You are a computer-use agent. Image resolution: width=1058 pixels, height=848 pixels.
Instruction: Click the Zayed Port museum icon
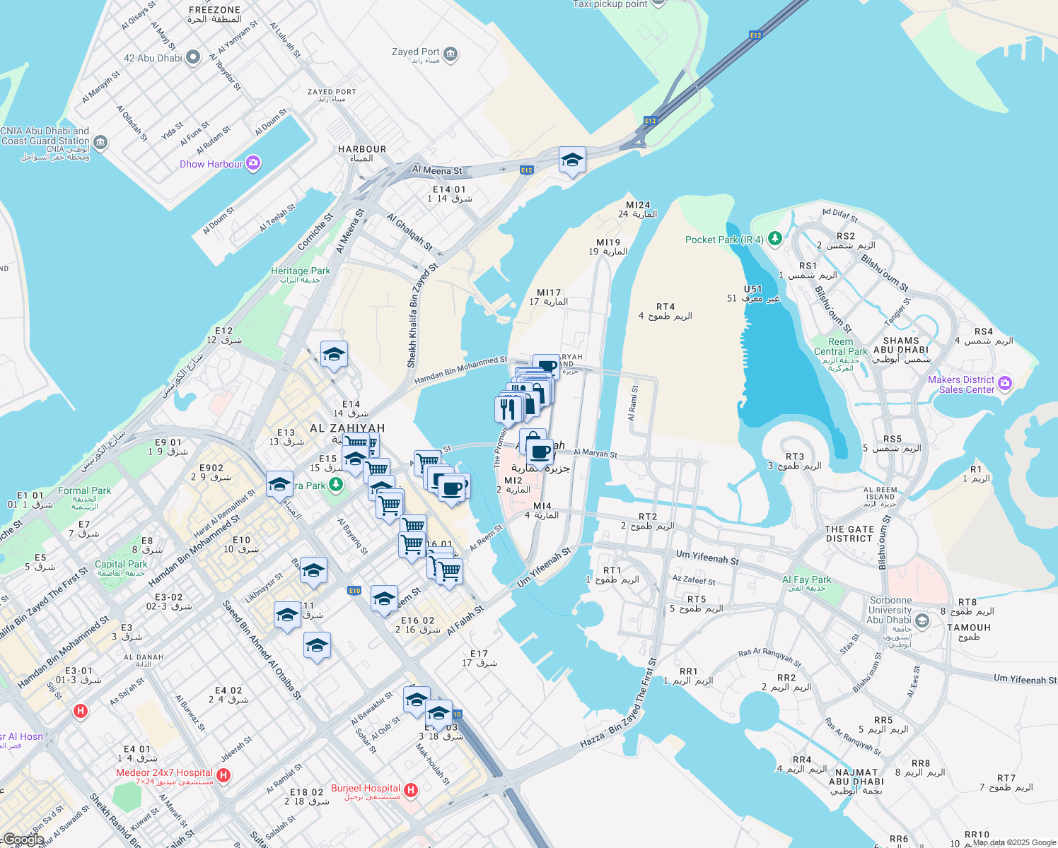coord(450,54)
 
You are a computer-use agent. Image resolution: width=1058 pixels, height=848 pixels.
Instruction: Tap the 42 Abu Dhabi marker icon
coord(193,58)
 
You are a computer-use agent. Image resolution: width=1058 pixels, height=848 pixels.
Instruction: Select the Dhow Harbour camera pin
coord(253,164)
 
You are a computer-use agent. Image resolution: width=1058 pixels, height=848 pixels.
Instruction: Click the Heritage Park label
coord(301,271)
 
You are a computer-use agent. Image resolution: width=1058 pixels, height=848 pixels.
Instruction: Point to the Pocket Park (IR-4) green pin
coord(775,239)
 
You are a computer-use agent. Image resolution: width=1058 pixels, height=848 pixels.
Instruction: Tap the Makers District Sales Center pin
coord(1005,384)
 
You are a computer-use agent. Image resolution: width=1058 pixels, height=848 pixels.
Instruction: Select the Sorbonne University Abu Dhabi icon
coord(922,620)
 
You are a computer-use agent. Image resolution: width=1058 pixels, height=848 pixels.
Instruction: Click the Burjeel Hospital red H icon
coord(411,789)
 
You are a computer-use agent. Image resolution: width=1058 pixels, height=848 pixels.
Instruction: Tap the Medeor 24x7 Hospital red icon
coord(223,776)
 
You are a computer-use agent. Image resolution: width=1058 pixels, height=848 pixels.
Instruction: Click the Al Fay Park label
coord(807,580)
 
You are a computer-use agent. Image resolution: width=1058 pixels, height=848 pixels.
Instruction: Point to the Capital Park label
coord(121,565)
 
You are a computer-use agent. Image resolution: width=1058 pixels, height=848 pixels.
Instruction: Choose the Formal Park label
coord(84,491)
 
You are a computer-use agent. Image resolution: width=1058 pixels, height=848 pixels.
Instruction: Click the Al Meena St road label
coord(437,170)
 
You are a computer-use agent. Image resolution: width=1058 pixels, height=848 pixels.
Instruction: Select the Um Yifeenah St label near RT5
coord(707,558)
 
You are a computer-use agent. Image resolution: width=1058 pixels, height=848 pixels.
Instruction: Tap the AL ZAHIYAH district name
coord(347,428)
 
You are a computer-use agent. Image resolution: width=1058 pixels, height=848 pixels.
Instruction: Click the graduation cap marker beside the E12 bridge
coord(571,160)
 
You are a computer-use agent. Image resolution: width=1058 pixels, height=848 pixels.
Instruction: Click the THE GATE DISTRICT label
coord(849,534)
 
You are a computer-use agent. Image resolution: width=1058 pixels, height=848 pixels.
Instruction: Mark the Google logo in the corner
coord(23,840)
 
